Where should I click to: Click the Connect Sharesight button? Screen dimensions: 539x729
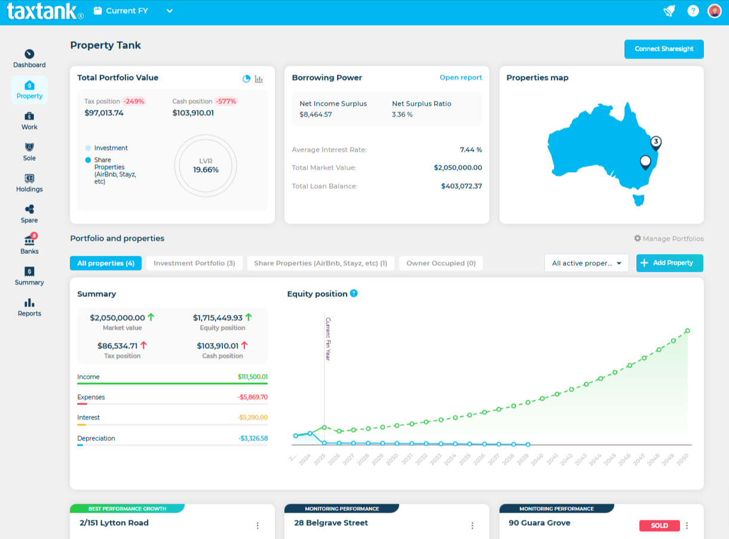coord(664,49)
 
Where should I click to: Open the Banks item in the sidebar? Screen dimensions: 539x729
coord(29,244)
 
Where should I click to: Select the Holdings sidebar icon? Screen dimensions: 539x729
coord(29,182)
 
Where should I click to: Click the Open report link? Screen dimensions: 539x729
coord(461,78)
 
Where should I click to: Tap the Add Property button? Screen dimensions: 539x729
coord(669,263)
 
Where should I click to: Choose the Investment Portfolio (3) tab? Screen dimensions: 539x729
coord(194,263)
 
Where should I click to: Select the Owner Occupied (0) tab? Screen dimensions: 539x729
coord(441,263)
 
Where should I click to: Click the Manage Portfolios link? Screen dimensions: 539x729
coord(669,238)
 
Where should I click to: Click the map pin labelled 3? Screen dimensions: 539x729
coord(656,142)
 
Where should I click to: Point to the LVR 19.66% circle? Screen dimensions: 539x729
coord(206,166)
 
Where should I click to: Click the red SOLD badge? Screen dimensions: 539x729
coord(660,526)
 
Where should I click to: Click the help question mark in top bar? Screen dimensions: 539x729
coord(693,11)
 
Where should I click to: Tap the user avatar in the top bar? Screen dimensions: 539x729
coord(715,11)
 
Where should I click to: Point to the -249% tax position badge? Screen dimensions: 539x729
coord(134,102)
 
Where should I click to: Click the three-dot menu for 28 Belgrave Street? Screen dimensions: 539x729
coord(472,526)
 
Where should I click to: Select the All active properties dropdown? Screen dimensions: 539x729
coord(586,263)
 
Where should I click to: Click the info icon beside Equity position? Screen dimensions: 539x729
coord(354,293)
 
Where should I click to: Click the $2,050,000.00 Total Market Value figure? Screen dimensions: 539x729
coord(458,168)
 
